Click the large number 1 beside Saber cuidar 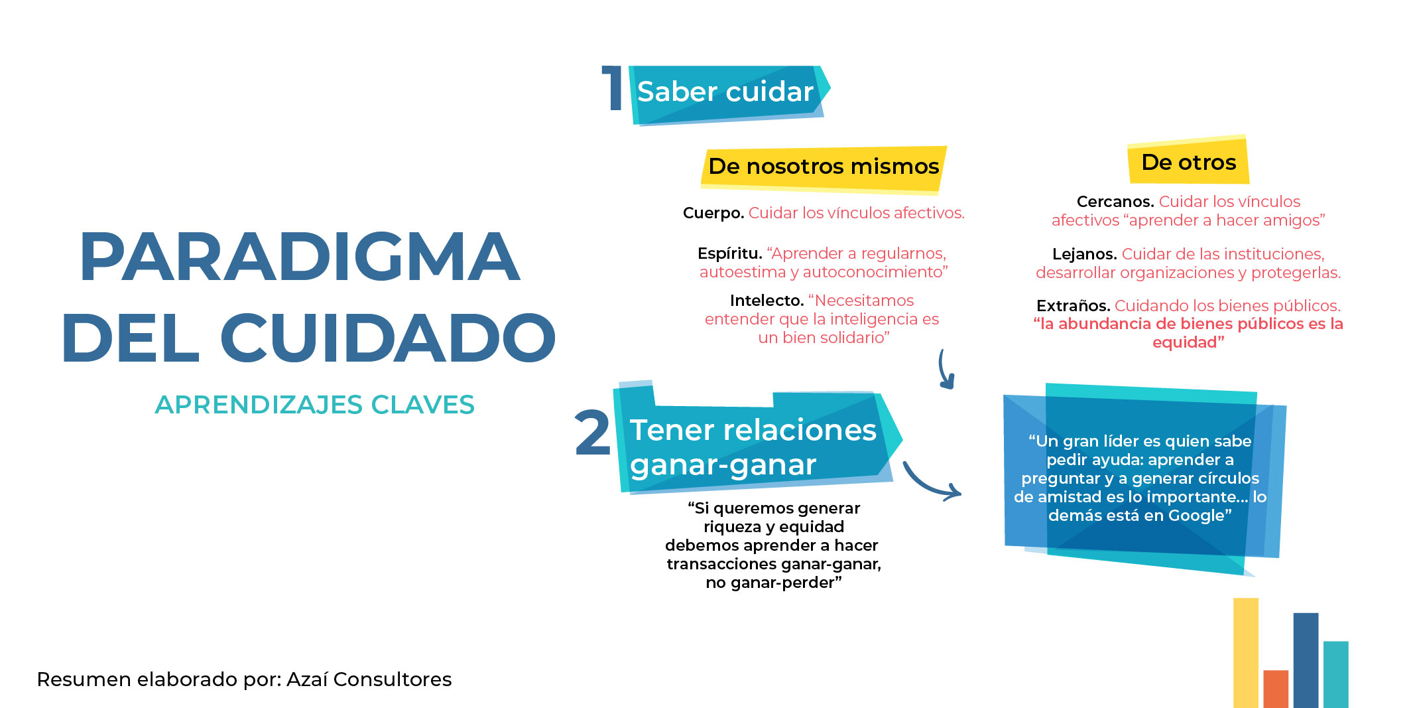pos(612,88)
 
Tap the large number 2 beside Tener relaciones pos(592,433)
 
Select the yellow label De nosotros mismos pos(824,169)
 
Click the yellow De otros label pos(1188,161)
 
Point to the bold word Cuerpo pos(713,213)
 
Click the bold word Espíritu pos(729,253)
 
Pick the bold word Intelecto pos(767,301)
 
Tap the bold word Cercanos pos(1115,202)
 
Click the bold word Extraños pos(1073,306)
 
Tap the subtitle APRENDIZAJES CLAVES pos(315,405)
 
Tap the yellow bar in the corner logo pos(1245,653)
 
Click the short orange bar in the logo pos(1276,689)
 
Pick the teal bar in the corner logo pos(1335,674)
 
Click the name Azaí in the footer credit pos(307,679)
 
